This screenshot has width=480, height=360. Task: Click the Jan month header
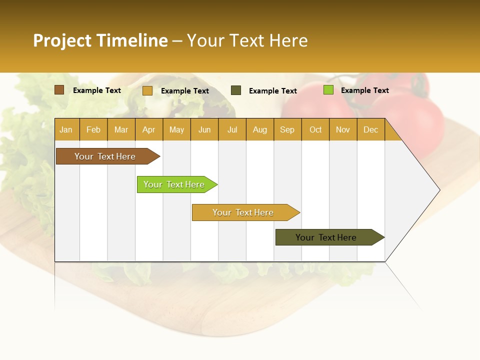click(66, 130)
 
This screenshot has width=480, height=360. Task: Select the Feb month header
click(93, 130)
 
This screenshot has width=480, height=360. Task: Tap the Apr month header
click(148, 130)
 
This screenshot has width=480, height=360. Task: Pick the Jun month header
click(204, 130)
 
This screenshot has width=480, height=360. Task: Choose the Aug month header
click(259, 130)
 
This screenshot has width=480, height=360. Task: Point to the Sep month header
click(287, 130)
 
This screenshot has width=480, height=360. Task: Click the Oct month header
click(315, 130)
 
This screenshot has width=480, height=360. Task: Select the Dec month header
click(370, 130)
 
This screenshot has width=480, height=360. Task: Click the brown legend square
click(59, 90)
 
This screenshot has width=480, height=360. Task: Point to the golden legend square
click(147, 90)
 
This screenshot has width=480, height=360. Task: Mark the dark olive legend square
click(236, 90)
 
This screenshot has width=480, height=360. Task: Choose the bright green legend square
click(328, 90)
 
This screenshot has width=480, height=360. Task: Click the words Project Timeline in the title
click(100, 40)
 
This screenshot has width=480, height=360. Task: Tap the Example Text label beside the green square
click(364, 90)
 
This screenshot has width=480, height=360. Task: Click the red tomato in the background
click(415, 117)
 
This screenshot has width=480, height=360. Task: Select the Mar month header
click(121, 130)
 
